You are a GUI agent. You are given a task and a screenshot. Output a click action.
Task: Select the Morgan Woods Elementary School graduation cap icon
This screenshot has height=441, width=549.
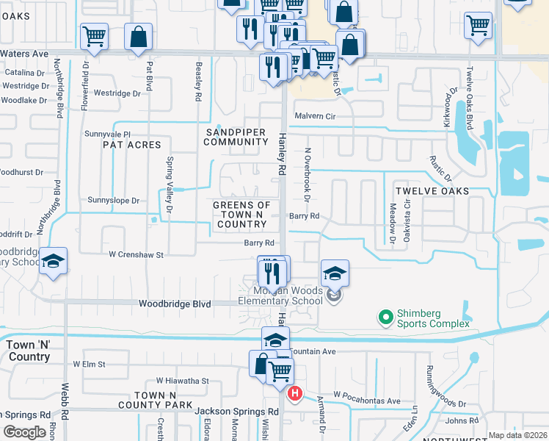coord(335,275)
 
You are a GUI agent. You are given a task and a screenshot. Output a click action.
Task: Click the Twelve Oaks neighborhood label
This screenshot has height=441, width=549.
coord(432,190)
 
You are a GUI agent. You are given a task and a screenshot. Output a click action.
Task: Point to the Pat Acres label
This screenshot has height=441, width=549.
coord(132,145)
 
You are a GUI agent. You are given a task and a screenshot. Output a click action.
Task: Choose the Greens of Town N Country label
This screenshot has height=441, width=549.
coord(241,215)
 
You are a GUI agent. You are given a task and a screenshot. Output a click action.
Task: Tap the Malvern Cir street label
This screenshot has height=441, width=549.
coord(315,116)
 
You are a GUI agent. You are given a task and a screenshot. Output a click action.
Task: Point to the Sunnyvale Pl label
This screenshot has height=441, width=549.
coord(107,135)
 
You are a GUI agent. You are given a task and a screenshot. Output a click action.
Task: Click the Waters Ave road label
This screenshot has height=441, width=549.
coord(25,54)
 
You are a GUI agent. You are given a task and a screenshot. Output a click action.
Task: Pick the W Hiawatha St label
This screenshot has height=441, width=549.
coord(182,381)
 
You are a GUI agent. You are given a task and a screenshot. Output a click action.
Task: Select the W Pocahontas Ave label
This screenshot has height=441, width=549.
coord(367,401)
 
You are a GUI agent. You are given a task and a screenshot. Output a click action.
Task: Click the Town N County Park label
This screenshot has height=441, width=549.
coord(164,400)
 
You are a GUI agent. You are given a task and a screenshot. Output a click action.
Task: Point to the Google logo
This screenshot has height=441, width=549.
coord(25,431)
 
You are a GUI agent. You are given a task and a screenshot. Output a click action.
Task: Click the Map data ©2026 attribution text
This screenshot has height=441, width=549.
coord(517,435)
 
